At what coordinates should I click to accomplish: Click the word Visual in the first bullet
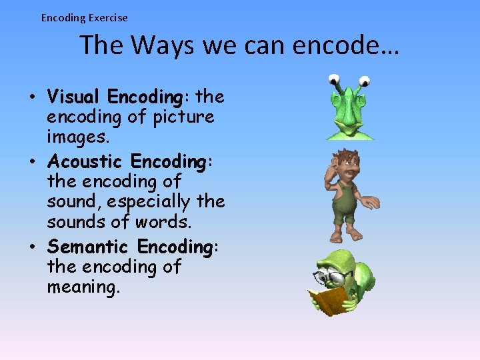pyautogui.click(x=75, y=97)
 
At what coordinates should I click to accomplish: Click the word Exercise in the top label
pyautogui.click(x=106, y=18)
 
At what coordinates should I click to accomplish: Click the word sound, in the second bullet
pyautogui.click(x=73, y=201)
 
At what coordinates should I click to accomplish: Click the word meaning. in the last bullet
pyautogui.click(x=81, y=287)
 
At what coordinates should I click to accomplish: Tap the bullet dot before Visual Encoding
pyautogui.click(x=32, y=97)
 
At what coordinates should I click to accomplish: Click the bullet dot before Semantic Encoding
pyautogui.click(x=32, y=247)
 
